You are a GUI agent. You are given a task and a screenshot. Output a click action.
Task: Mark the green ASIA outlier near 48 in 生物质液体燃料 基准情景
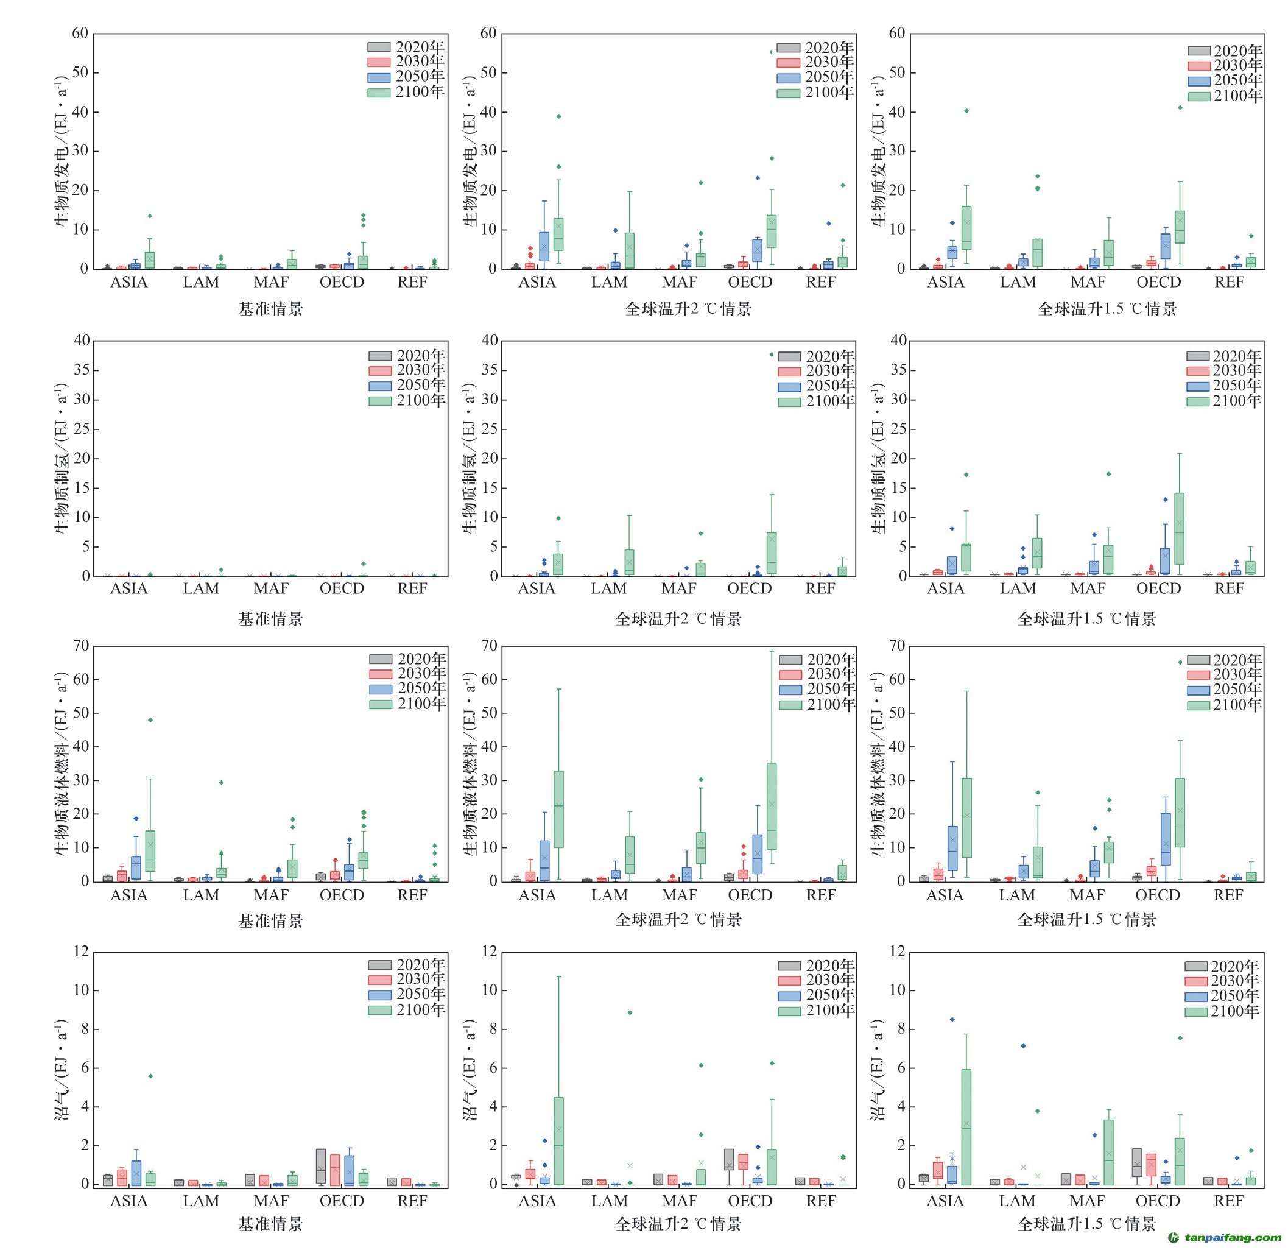coord(150,719)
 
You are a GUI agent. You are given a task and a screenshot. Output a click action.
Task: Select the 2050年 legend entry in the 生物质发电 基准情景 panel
coord(406,76)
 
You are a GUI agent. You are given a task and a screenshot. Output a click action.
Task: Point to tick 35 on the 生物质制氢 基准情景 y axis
coord(82,370)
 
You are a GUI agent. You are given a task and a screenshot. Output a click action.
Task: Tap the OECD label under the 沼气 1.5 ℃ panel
coord(1158,1201)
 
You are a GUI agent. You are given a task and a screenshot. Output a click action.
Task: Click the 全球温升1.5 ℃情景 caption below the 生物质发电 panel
coord(1107,309)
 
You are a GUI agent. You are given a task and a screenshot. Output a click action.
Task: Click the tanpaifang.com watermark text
coord(1233,1238)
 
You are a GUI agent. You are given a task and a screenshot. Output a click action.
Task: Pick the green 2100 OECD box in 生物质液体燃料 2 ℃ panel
coord(772,807)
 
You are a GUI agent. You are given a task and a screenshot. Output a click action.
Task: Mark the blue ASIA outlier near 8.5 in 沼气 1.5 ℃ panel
coord(952,1019)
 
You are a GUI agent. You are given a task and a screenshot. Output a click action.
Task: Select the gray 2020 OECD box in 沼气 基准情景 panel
coord(321,1166)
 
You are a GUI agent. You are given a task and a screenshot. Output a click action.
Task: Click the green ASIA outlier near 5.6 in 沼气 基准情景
coord(150,1076)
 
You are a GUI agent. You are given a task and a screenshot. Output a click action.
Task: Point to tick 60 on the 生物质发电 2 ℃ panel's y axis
coord(488,34)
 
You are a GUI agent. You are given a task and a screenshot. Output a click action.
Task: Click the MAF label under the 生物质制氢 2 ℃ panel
coord(679,589)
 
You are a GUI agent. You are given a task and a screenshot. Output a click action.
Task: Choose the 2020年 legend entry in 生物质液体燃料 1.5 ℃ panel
coord(1224,660)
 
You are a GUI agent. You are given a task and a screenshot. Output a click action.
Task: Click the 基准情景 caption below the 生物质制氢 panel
coord(270,618)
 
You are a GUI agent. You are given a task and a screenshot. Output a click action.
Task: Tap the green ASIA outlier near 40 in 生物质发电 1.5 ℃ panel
coord(966,111)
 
